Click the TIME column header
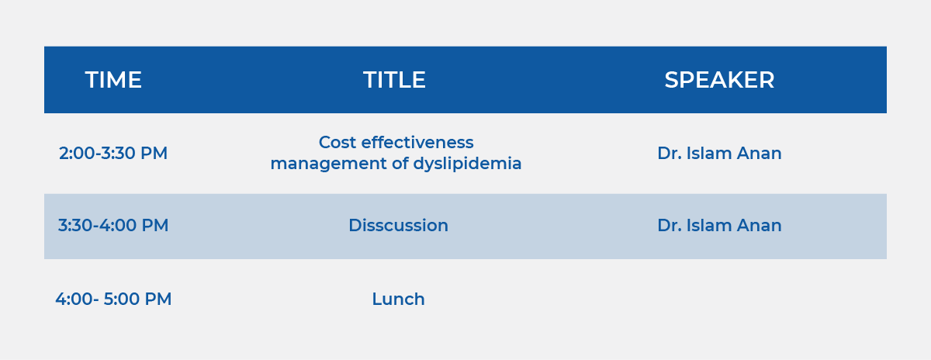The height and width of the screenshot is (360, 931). tap(113, 80)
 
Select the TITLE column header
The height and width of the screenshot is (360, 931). tap(394, 80)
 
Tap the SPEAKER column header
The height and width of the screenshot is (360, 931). tap(719, 80)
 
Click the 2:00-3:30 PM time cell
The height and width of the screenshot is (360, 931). tap(113, 153)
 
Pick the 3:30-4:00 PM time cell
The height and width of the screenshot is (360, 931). tap(113, 225)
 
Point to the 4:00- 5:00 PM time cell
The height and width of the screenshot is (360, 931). tap(113, 299)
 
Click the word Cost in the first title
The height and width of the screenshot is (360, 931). tap(337, 143)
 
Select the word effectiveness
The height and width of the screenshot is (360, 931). tap(417, 143)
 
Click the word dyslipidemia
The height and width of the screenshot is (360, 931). tap(467, 164)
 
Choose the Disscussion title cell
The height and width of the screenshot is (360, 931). tap(398, 225)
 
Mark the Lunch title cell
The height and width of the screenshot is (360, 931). tap(398, 299)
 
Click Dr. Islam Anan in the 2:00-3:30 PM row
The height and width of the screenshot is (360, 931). tap(719, 153)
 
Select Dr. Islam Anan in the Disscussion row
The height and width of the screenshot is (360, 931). tap(719, 225)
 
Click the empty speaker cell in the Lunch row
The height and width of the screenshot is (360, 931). tap(719, 299)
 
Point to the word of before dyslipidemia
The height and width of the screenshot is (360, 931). tap(400, 164)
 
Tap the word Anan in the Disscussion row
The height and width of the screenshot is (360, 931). tap(759, 225)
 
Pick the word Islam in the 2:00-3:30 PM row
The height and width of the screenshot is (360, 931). tap(708, 153)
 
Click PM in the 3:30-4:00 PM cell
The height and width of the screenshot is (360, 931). tap(155, 225)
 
